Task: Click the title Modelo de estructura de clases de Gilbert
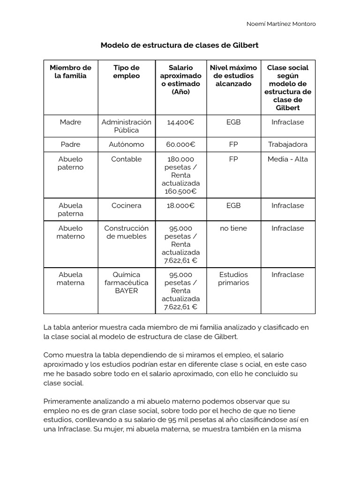coord(180,45)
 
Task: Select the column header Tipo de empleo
coord(127,72)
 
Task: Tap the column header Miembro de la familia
coord(71,72)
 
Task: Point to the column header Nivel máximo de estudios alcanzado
coord(233,76)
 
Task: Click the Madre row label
coord(71,122)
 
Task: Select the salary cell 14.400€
coord(180,122)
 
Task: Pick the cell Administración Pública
coord(127,126)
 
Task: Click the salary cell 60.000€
coord(180,144)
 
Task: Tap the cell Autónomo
coord(127,144)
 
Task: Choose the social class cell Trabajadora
coord(288,144)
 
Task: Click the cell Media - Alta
coord(288,159)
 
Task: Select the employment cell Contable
coord(127,159)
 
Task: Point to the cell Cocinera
coord(127,205)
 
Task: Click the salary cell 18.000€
coord(180,205)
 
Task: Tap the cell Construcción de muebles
coord(127,232)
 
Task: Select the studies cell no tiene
coord(233,228)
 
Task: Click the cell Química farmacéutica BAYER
coord(127,283)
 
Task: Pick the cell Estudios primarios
coord(233,278)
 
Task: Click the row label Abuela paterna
coord(71,210)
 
